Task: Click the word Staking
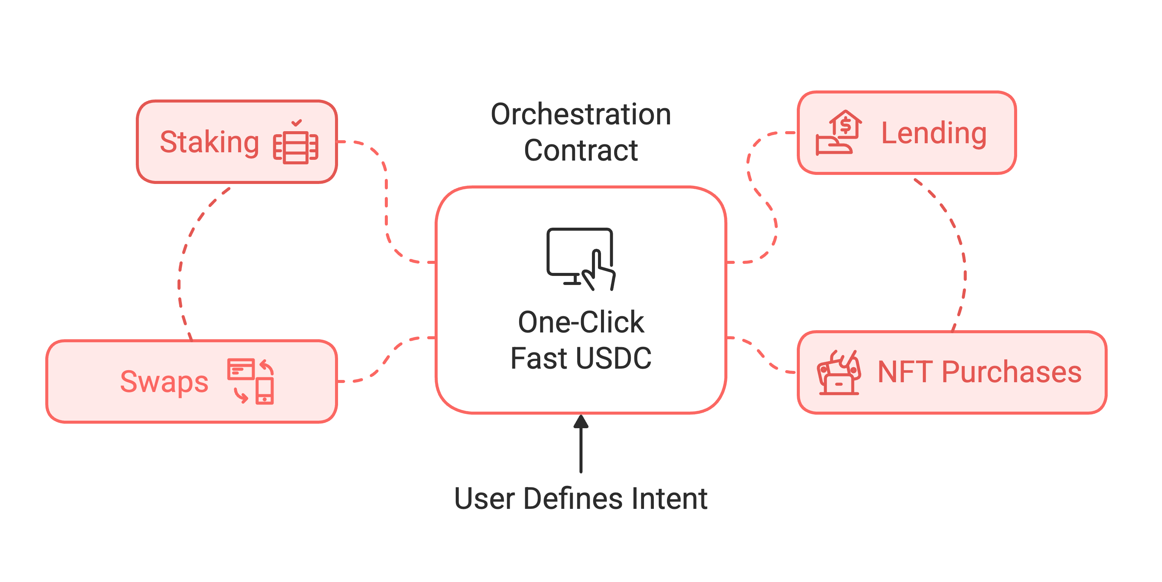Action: point(209,142)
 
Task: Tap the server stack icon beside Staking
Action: point(296,147)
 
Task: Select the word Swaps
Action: point(164,381)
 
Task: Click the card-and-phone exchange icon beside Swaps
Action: point(251,381)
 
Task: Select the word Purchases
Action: point(1011,372)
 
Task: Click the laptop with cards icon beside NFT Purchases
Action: point(839,373)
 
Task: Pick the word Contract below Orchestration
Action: point(581,150)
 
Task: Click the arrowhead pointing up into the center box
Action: point(581,421)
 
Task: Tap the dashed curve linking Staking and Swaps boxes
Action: point(180,271)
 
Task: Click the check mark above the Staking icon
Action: point(297,123)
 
